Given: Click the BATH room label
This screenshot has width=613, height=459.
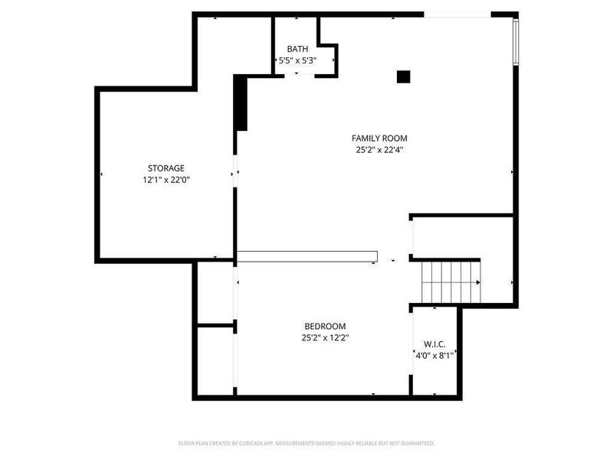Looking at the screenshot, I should [x=297, y=48].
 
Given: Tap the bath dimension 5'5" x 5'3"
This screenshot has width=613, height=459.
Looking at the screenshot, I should [x=297, y=60].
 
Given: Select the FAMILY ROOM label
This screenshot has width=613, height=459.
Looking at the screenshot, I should [x=379, y=138].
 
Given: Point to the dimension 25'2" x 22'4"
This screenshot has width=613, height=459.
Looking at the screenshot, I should [x=379, y=150].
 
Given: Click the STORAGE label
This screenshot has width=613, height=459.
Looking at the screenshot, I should [x=166, y=168].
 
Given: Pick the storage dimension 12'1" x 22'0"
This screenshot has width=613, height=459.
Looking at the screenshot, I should [x=166, y=180].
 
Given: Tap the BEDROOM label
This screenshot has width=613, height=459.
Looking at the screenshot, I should [x=325, y=325].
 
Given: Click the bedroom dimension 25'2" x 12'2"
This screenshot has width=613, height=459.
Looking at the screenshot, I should [x=325, y=337].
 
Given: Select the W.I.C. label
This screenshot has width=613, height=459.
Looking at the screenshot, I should [x=434, y=343].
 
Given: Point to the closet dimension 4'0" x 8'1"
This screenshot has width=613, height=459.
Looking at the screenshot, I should [x=434, y=355].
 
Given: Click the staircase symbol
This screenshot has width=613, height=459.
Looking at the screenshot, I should [x=451, y=282].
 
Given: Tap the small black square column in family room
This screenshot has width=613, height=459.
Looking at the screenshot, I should [x=403, y=76].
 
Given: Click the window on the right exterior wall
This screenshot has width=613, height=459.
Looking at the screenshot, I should [x=516, y=44].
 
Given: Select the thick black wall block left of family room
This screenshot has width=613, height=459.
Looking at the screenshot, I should [x=241, y=103].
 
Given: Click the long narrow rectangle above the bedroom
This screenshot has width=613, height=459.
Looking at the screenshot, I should [x=307, y=257].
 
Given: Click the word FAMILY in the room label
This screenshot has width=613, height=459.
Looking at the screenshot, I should [x=366, y=138].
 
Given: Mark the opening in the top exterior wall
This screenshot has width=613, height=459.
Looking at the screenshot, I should [x=457, y=14].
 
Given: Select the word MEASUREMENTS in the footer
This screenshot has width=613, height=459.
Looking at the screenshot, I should [x=313, y=443].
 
